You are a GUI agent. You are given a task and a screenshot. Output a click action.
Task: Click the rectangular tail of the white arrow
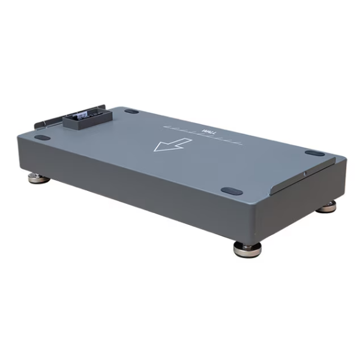[x=182, y=142]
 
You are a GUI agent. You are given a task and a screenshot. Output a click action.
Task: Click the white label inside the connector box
[x=88, y=114]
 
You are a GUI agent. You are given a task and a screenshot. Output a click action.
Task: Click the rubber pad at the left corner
[x=42, y=137]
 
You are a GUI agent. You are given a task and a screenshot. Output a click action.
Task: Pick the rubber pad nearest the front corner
[x=232, y=191]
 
